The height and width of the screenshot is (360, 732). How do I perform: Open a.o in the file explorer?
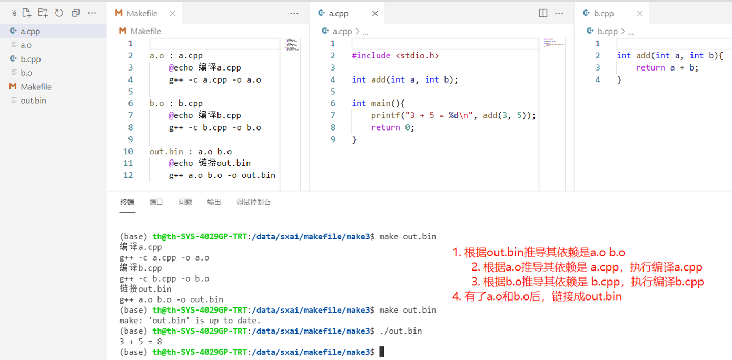26,45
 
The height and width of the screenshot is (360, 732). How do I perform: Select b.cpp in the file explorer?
31,59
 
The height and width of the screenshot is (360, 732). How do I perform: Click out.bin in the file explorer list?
33,101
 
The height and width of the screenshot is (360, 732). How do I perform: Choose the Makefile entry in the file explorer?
36,87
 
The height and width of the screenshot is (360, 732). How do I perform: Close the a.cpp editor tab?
375,14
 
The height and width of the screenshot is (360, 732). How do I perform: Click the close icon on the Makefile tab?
173,14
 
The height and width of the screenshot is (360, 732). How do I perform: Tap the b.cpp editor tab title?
604,14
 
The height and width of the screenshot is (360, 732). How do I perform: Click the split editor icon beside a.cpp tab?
543,14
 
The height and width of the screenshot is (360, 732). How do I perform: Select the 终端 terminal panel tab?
127,202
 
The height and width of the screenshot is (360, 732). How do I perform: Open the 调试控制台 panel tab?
253,202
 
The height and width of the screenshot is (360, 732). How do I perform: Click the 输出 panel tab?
214,202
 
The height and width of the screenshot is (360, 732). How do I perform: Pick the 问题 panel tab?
185,202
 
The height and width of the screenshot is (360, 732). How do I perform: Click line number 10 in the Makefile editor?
128,152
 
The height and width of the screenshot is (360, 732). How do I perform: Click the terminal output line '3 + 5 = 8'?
141,342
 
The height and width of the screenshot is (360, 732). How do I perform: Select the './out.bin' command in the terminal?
400,331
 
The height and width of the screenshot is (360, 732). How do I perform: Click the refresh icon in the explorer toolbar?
59,13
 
